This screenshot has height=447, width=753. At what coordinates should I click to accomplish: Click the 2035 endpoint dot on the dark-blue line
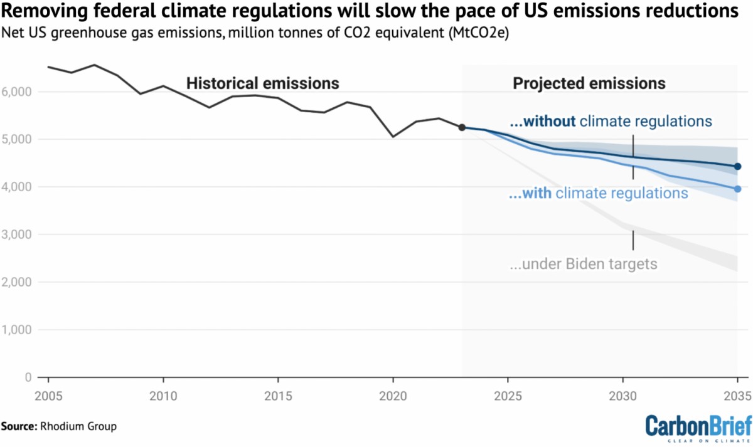737,166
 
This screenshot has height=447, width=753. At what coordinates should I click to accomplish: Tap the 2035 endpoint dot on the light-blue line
737,189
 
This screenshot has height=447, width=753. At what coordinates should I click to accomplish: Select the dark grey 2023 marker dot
462,127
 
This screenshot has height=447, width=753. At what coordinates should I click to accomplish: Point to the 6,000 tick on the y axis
19,92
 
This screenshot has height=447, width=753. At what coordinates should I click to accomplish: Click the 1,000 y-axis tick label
19,330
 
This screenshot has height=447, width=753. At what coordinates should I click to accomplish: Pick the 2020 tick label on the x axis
393,396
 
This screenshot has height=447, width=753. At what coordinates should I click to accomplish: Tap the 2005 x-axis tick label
48,396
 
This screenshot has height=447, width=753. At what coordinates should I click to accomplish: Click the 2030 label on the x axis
622,396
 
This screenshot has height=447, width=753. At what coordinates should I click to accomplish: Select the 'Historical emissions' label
262,83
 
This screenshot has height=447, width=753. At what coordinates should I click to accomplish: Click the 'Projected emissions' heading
589,83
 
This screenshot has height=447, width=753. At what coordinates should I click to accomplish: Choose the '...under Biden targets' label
583,264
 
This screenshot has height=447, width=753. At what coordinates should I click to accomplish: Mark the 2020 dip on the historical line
393,136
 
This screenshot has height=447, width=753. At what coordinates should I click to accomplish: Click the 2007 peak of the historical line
94,65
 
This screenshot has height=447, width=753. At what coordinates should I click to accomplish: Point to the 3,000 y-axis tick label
19,234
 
